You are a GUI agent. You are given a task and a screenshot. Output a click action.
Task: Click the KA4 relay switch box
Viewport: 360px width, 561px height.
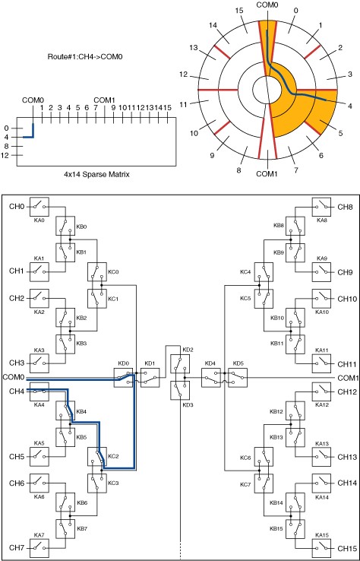(x=39, y=391)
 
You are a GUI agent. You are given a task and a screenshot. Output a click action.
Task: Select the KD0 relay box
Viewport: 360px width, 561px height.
(x=123, y=377)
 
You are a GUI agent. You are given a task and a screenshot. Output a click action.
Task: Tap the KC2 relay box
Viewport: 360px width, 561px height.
(x=97, y=456)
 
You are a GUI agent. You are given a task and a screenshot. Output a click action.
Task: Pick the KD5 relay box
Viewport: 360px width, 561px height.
(x=238, y=377)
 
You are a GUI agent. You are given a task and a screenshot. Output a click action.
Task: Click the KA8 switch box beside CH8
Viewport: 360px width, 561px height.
(x=322, y=207)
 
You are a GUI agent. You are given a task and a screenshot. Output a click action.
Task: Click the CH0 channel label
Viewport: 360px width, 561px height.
(x=17, y=207)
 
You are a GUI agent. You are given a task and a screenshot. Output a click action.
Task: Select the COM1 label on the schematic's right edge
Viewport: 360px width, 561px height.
(x=347, y=378)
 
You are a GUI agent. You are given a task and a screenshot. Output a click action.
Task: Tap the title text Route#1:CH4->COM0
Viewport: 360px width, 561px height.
(x=85, y=56)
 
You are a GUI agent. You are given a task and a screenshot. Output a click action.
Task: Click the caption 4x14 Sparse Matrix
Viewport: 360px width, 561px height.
(x=96, y=175)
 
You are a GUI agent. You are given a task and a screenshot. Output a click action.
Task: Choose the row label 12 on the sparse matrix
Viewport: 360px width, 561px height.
(x=5, y=155)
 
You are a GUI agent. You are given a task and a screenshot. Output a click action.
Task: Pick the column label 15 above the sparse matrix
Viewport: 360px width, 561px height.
(x=167, y=107)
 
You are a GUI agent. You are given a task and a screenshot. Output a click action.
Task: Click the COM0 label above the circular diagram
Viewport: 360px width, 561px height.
(x=267, y=5)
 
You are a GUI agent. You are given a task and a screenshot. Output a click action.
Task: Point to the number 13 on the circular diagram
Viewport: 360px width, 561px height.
(x=194, y=48)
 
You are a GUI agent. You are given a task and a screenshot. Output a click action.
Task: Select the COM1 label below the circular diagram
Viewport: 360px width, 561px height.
(x=267, y=174)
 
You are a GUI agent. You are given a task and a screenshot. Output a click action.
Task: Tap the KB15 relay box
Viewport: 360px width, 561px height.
(x=295, y=529)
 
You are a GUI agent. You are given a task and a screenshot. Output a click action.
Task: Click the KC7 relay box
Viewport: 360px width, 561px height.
(x=264, y=483)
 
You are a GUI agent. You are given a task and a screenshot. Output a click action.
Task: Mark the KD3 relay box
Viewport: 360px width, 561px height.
(x=181, y=390)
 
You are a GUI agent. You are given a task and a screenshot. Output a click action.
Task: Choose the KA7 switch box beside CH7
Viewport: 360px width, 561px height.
(x=39, y=547)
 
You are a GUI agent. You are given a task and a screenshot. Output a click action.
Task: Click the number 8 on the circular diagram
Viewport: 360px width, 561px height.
(x=238, y=171)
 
